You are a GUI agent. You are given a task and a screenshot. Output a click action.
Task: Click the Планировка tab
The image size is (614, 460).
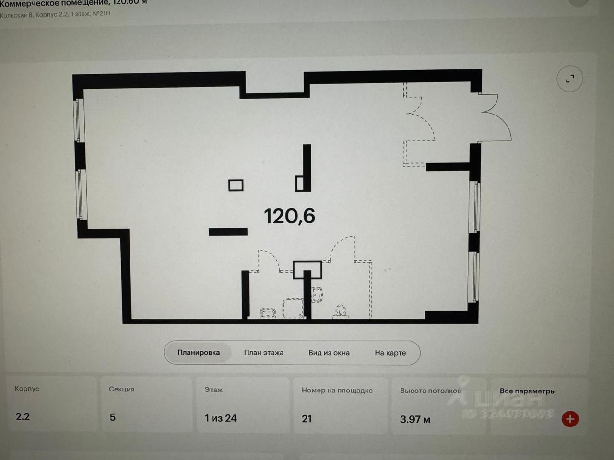(x=199, y=353)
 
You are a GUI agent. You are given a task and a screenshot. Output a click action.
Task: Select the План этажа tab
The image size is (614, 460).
(x=263, y=353)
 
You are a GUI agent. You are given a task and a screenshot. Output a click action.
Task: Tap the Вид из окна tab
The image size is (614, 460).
(x=329, y=353)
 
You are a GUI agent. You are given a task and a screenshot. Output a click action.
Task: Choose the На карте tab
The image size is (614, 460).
(x=390, y=353)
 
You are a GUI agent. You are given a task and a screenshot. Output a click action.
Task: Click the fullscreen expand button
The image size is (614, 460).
(x=569, y=79)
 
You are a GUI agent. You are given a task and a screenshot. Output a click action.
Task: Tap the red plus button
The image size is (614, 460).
(x=570, y=419)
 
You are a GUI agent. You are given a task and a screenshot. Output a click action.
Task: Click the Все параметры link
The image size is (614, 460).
(x=528, y=391)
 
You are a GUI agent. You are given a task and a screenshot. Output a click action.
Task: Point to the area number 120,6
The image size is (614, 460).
(x=290, y=216)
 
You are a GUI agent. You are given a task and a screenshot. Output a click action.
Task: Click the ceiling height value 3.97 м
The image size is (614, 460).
(x=415, y=420)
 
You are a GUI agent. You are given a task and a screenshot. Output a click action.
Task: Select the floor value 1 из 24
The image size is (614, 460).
(x=221, y=418)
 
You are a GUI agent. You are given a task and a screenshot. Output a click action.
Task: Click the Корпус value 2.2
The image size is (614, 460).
(x=23, y=416)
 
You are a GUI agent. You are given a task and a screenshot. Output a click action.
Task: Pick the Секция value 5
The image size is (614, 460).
(x=113, y=417)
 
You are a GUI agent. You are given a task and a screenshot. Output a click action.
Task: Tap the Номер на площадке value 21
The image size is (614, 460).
(x=307, y=419)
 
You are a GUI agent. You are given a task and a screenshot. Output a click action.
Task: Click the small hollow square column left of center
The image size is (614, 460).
(x=236, y=185)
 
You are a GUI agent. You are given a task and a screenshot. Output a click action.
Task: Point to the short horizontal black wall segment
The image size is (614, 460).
(x=228, y=232)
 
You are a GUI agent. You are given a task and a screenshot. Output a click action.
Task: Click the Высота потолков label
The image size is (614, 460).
(x=430, y=391)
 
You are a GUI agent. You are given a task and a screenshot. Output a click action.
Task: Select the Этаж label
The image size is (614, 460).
(x=213, y=390)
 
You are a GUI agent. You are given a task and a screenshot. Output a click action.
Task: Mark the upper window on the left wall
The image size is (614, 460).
(x=79, y=120)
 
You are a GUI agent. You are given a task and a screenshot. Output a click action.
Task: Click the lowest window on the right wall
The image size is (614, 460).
(x=474, y=277)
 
